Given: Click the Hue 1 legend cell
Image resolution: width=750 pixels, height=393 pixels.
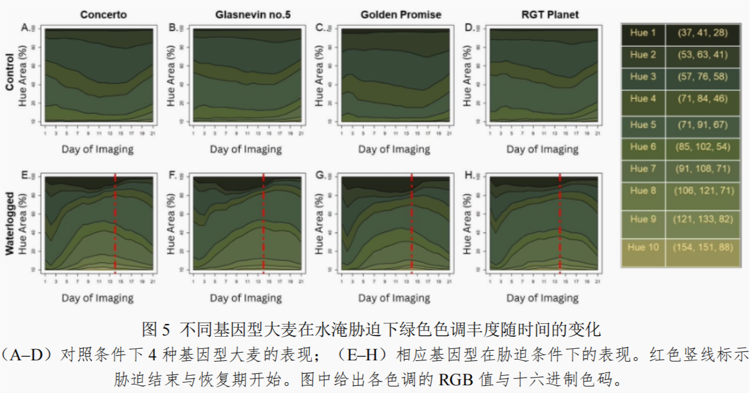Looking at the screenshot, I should [x=642, y=33].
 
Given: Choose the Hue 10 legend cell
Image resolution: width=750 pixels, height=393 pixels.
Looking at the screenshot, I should [x=642, y=247].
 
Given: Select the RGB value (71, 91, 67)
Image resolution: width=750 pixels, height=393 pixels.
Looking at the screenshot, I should [x=701, y=125].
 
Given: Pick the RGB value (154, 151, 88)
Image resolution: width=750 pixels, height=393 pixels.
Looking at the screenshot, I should [x=701, y=247].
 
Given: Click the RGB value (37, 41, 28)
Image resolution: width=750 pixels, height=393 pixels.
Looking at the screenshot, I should [x=701, y=33].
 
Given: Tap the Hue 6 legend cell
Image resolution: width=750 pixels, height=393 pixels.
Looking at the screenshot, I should [x=642, y=147].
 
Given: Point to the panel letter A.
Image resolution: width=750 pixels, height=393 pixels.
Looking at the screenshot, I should [x=25, y=28].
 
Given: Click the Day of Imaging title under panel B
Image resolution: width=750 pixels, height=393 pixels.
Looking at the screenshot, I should [x=246, y=150].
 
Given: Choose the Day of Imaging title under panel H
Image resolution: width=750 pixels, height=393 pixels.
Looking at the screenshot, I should [x=542, y=298].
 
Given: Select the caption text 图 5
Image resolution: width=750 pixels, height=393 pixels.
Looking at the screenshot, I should [x=156, y=330].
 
